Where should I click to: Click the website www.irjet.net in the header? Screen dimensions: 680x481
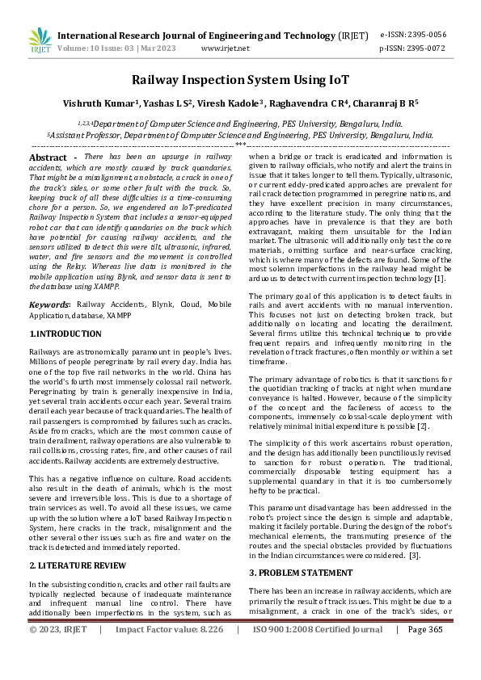[225, 48]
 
